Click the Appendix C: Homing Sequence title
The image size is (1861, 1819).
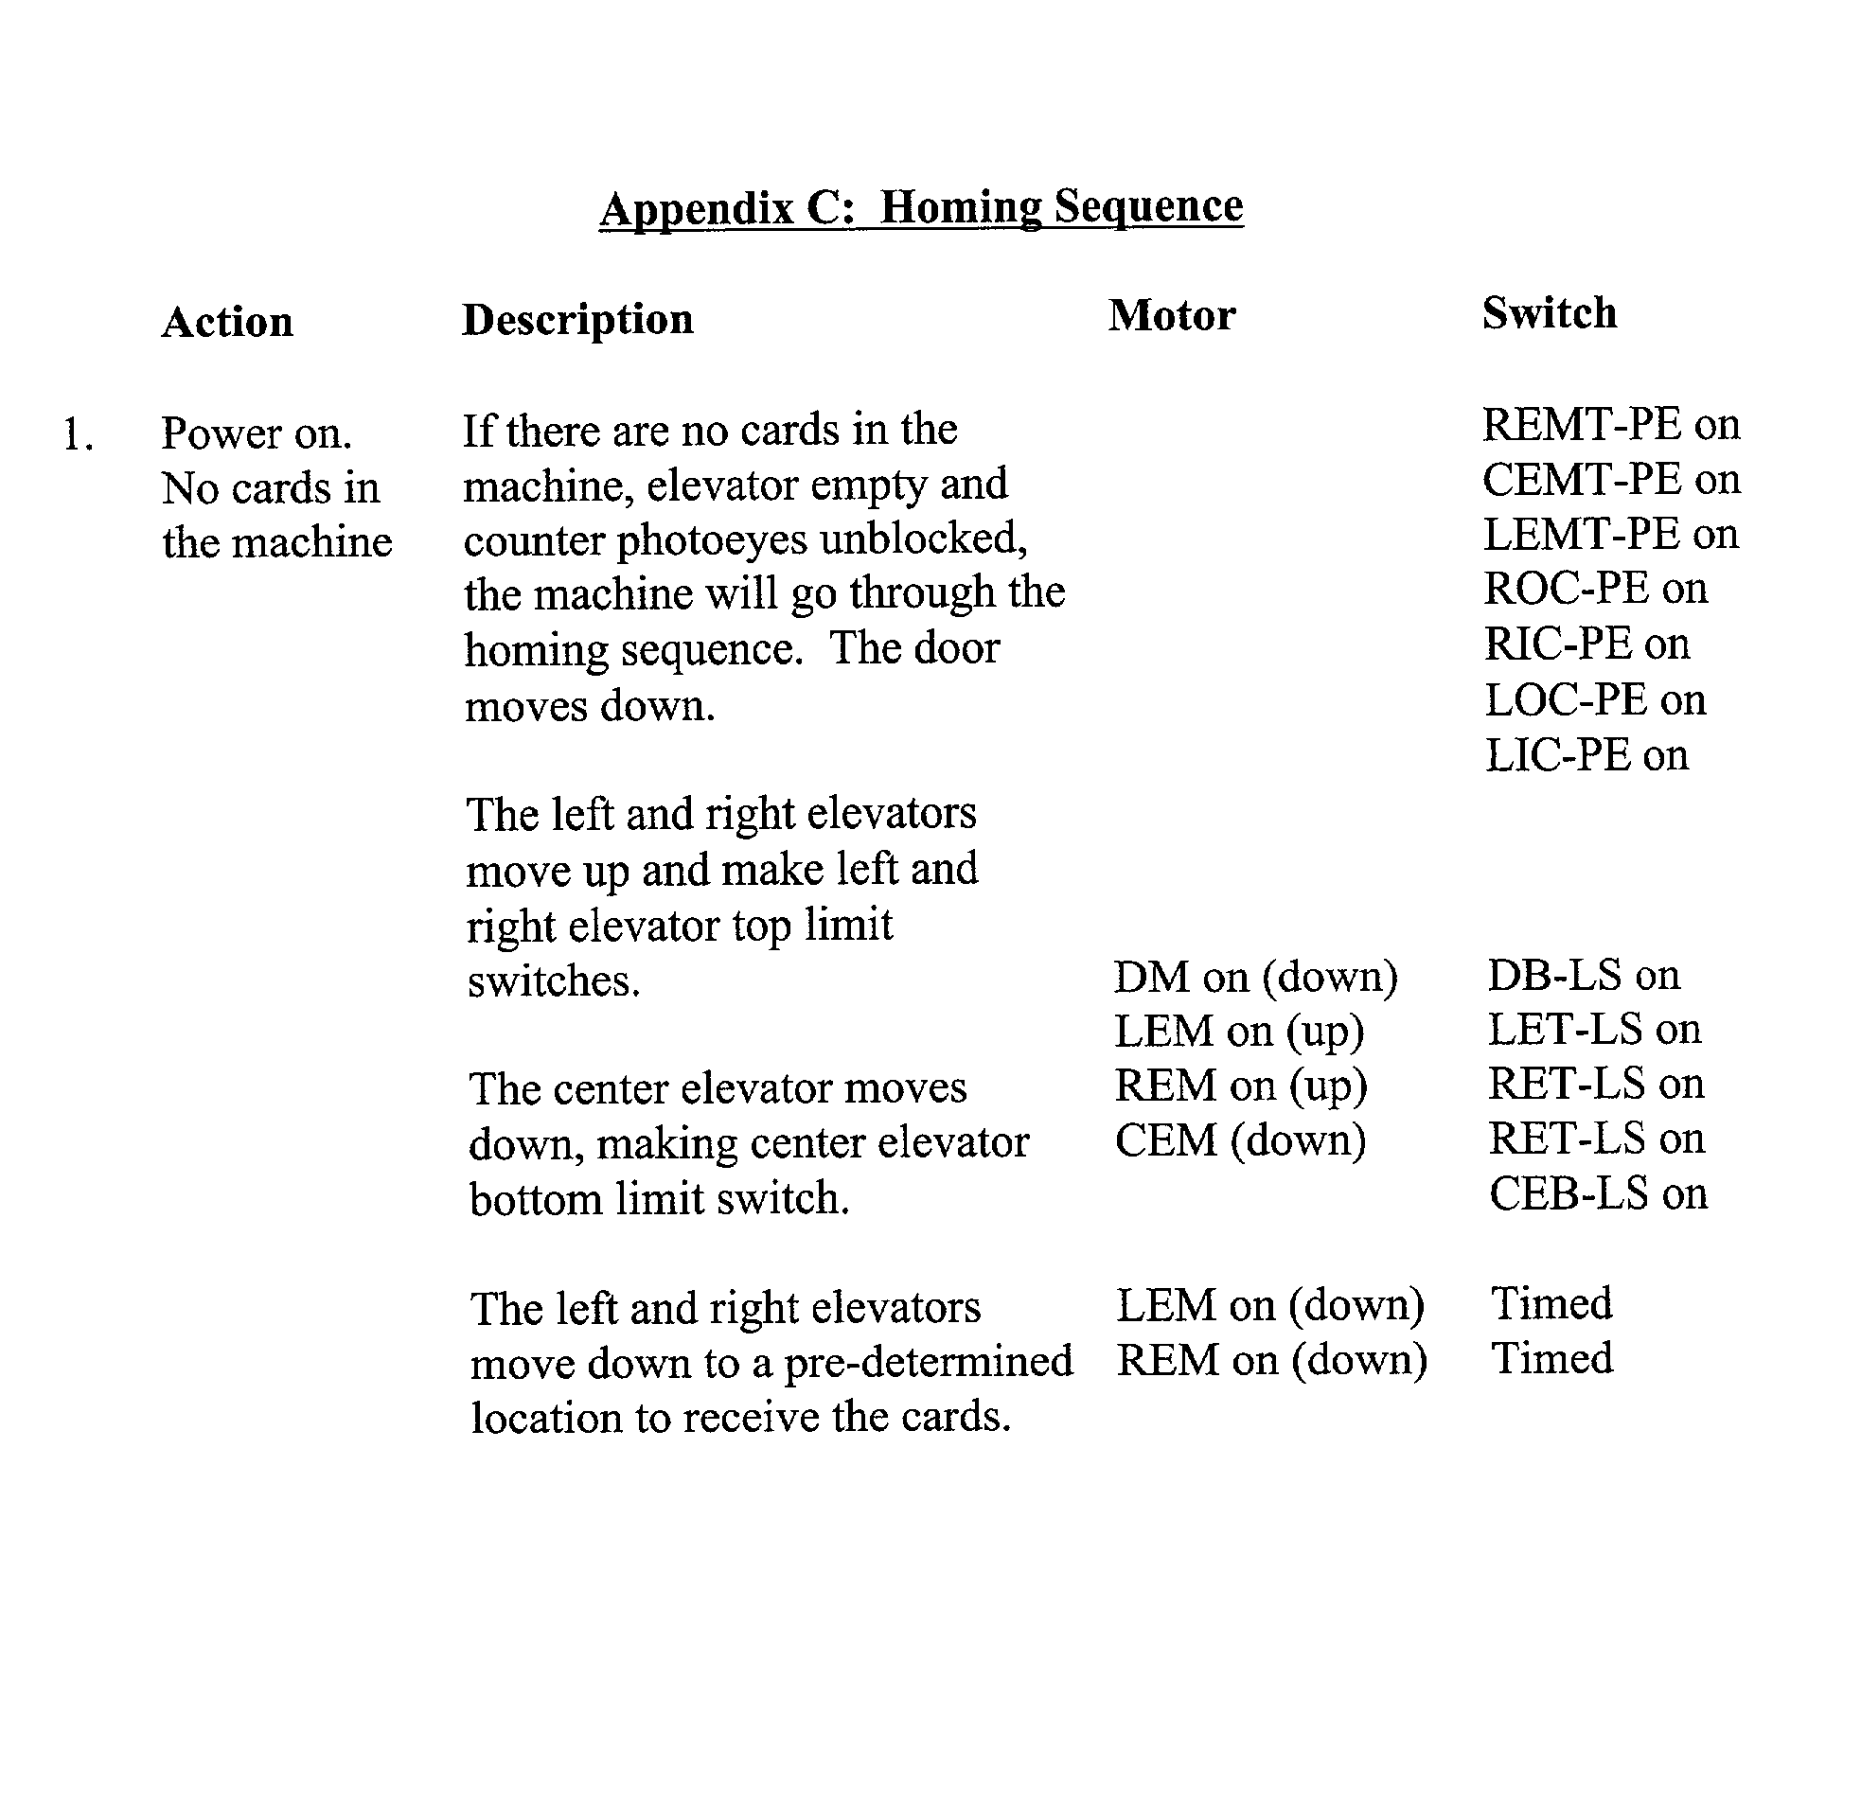coord(921,207)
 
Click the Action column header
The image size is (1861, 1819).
coord(226,322)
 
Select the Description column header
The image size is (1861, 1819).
coord(577,319)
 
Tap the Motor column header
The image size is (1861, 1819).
coord(1171,315)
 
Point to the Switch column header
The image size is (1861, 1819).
coord(1549,313)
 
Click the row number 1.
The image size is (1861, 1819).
coord(78,435)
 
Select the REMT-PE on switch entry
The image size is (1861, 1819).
coord(1611,424)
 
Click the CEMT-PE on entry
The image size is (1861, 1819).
coord(1611,479)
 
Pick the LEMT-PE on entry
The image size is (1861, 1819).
coord(1611,533)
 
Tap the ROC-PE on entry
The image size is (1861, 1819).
coord(1594,589)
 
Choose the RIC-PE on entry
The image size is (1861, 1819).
coord(1586,644)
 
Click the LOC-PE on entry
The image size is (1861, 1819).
coord(1594,699)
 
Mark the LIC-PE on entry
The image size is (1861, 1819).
coord(1586,754)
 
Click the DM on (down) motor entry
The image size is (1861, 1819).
coord(1255,977)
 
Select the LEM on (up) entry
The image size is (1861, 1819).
coord(1239,1031)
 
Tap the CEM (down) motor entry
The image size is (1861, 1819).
coord(1240,1140)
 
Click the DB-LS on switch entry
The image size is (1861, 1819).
coord(1583,975)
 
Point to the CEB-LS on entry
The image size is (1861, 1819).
coord(1597,1193)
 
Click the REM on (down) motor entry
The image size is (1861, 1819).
coord(1271,1359)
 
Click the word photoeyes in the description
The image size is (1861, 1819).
coord(712,539)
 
